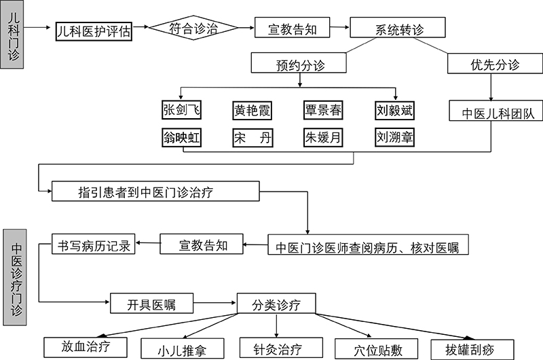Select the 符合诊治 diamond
[x=193, y=29]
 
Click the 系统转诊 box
[x=398, y=29]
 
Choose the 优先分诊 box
[x=494, y=65]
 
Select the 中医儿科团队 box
[x=494, y=111]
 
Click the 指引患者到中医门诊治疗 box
[x=155, y=191]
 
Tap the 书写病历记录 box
[x=93, y=244]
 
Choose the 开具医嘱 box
[x=151, y=303]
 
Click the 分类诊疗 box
[x=276, y=303]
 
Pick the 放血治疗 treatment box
[x=86, y=346]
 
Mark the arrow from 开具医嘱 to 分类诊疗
[x=215, y=303]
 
